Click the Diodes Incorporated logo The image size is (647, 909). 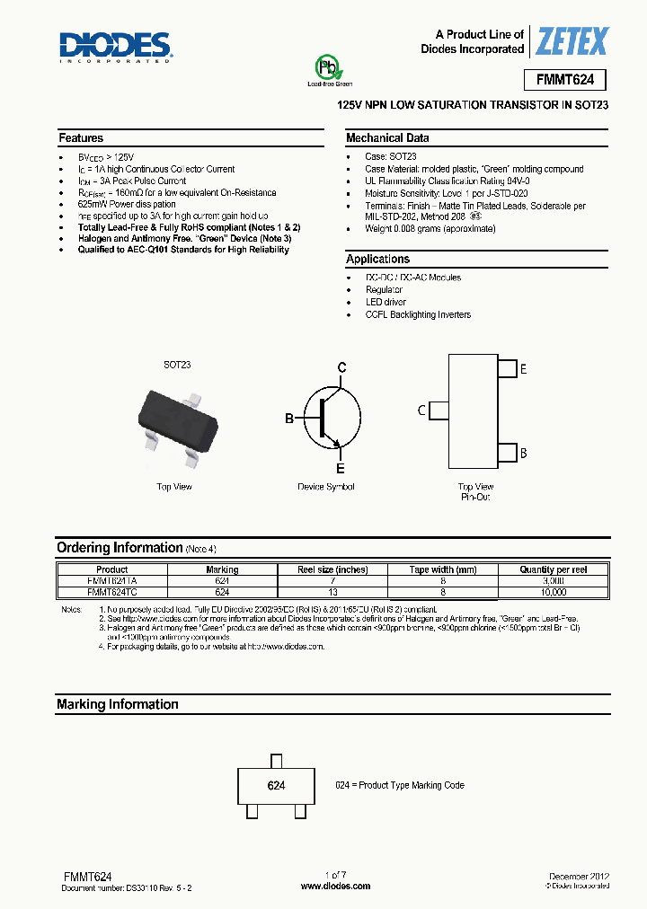[x=115, y=46]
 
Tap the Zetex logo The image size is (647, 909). [x=572, y=41]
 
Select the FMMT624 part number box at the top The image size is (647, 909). [x=564, y=80]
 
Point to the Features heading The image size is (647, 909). [x=81, y=138]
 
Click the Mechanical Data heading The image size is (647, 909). [x=387, y=138]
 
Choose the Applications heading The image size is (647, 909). [x=377, y=260]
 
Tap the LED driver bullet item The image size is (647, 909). [x=386, y=303]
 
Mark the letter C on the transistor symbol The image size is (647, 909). [x=341, y=366]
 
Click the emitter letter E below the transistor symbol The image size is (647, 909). [x=341, y=468]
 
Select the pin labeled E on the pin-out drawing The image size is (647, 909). [x=523, y=369]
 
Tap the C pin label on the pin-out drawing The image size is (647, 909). [x=421, y=410]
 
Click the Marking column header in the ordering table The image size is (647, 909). [x=222, y=569]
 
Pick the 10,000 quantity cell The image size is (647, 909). [x=554, y=593]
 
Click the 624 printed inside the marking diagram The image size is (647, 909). [x=276, y=785]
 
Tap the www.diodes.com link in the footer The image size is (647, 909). [x=335, y=886]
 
